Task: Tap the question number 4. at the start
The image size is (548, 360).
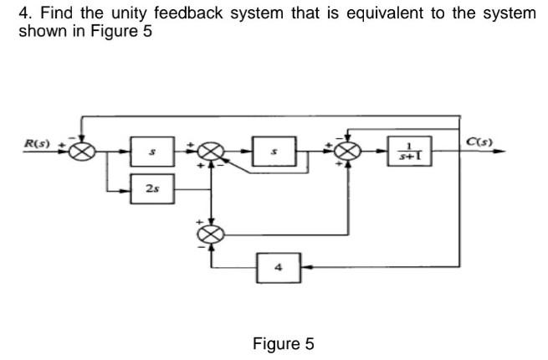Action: (x=24, y=13)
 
